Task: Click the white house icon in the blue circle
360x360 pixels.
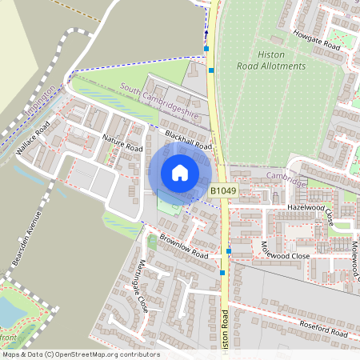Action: (180, 172)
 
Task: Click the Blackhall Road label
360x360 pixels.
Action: (188, 141)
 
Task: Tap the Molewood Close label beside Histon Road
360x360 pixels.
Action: (285, 249)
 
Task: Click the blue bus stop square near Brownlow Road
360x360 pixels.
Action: (229, 251)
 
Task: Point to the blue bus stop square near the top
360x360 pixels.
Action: (207, 49)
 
